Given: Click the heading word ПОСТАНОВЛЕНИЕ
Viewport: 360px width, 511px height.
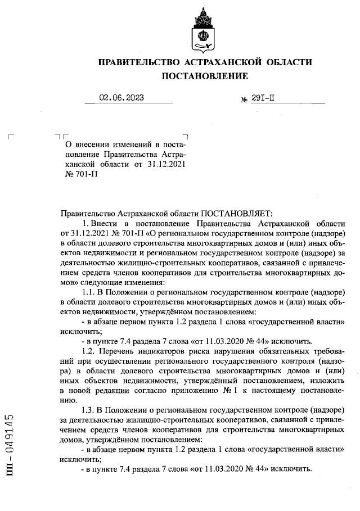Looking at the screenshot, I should pyautogui.click(x=205, y=76).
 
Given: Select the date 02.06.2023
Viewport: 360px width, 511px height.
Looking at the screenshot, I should pyautogui.click(x=121, y=97).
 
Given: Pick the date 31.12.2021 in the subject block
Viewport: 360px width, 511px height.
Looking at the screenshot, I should pyautogui.click(x=166, y=164).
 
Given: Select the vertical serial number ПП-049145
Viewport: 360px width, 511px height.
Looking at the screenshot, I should pyautogui.click(x=10, y=446).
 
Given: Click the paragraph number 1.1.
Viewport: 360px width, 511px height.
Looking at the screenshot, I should pyautogui.click(x=89, y=292).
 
